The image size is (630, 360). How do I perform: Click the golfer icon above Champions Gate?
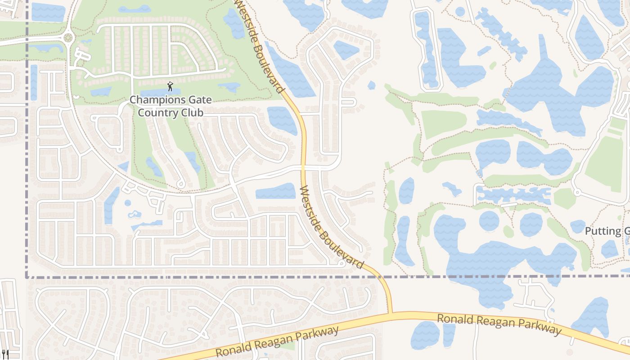pyautogui.click(x=170, y=86)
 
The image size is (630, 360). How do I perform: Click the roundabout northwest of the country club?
pyautogui.click(x=68, y=38)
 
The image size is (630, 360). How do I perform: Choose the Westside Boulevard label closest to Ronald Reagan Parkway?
pyautogui.click(x=331, y=227)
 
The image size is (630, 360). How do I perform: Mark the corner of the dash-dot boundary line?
pyautogui.click(x=27, y=276)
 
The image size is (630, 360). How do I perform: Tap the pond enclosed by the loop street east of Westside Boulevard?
pyautogui.click(x=346, y=49)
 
